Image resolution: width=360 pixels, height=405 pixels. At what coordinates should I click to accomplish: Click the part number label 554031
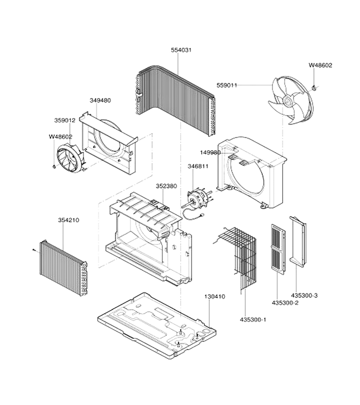click(181, 50)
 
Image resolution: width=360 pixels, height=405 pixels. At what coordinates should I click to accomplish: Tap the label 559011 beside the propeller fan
click(227, 85)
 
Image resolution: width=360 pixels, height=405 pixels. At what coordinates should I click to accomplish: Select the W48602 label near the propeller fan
click(320, 65)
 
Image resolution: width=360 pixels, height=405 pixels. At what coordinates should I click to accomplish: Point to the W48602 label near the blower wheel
click(61, 137)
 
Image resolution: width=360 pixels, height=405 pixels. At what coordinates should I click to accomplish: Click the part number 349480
click(100, 100)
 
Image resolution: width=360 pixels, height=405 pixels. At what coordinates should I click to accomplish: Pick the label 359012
click(65, 120)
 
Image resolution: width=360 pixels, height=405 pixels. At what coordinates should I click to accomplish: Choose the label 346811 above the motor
click(198, 166)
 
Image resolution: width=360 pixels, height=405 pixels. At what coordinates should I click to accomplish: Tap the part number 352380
click(166, 186)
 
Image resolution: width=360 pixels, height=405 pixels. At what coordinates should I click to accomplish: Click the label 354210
click(69, 220)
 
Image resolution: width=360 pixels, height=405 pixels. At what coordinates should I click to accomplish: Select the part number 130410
click(215, 297)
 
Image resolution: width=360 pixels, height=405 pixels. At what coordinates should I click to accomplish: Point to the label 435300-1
click(253, 319)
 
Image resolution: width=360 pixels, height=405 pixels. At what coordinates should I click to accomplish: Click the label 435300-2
click(285, 302)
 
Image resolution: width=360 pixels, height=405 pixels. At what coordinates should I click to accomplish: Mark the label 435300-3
click(305, 295)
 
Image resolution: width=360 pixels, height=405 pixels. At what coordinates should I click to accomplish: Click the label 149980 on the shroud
click(211, 153)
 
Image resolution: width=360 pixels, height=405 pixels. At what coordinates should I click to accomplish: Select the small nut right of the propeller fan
click(314, 88)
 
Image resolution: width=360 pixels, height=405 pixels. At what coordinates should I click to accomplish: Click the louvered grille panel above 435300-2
click(278, 249)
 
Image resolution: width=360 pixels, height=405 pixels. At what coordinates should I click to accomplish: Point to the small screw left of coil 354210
click(34, 249)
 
